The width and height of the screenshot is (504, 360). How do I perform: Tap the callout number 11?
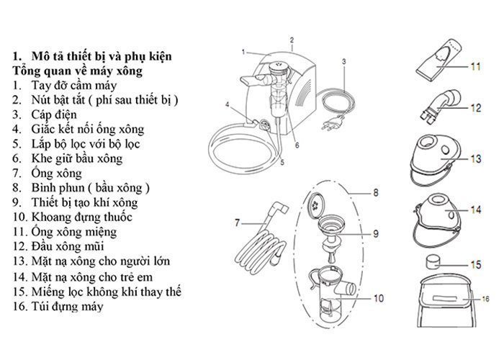pos(475,66)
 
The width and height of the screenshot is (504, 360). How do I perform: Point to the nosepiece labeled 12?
pos(440,106)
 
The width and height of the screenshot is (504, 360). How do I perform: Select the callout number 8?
pos(375,192)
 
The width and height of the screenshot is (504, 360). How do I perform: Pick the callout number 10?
pos(379,298)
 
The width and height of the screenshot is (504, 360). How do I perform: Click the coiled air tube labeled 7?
pos(261,238)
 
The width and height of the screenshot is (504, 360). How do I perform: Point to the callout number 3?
pos(344,61)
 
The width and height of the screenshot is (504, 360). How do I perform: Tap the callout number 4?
pos(228,104)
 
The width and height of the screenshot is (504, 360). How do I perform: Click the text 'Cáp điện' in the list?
pos(54,114)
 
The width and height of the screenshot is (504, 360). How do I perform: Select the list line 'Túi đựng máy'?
pos(67,306)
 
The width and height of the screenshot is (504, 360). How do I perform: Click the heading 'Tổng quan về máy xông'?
pos(77,71)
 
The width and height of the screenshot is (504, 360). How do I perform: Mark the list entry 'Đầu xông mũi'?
pos(68,246)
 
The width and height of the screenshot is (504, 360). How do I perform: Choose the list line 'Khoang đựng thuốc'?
pos(81,217)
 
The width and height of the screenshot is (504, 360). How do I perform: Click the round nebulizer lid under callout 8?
pos(315,204)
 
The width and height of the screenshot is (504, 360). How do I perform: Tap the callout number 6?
pos(297,145)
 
